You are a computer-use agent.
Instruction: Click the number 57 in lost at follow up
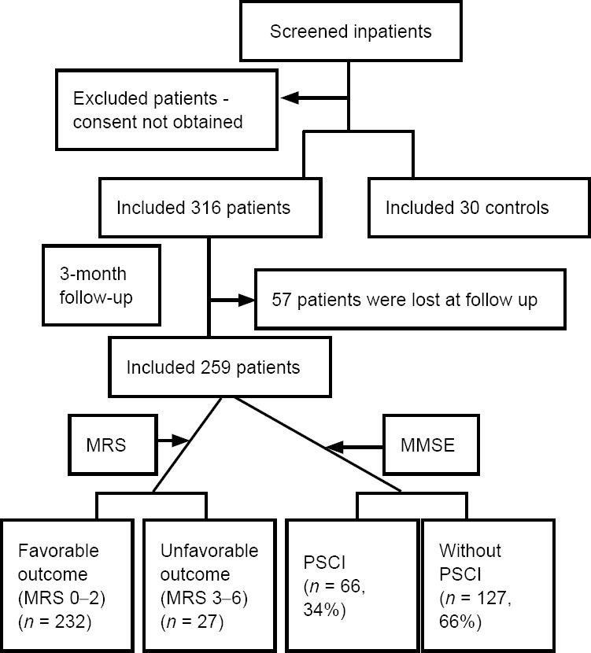tap(281, 300)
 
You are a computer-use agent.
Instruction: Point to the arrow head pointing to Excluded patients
tap(291, 98)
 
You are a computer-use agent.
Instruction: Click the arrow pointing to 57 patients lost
tap(232, 300)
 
